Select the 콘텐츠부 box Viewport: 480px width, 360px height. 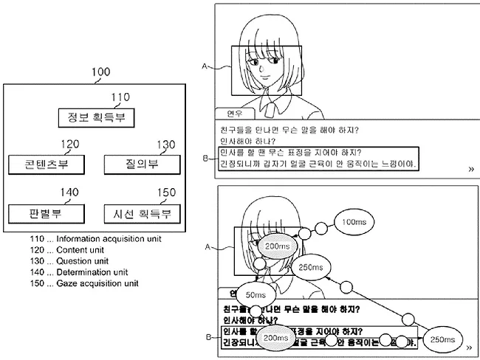pyautogui.click(x=44, y=165)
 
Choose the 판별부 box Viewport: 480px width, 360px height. pyautogui.click(x=44, y=214)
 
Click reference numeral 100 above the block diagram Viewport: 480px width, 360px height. pyautogui.click(x=100, y=72)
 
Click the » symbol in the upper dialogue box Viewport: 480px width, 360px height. pyautogui.click(x=470, y=169)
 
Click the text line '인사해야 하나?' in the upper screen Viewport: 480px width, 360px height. pyautogui.click(x=247, y=141)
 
